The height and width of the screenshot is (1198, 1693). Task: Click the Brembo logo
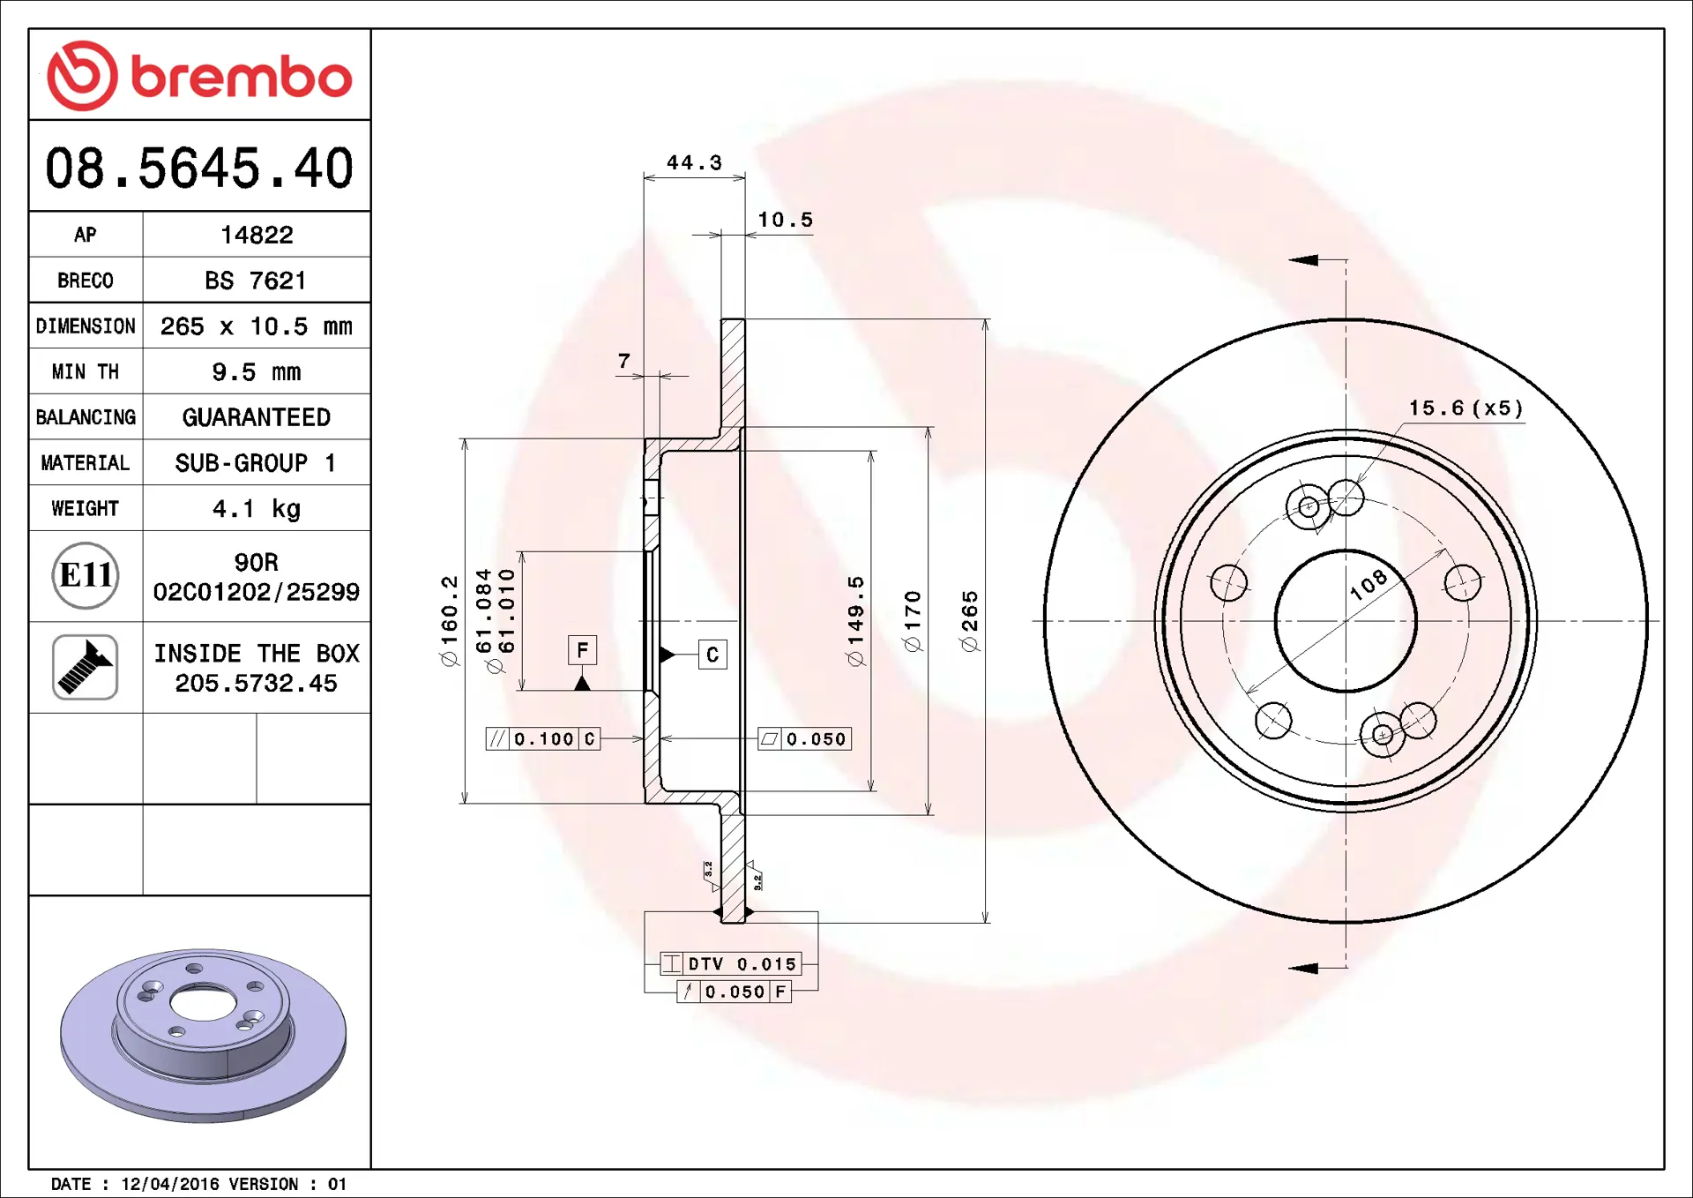click(199, 76)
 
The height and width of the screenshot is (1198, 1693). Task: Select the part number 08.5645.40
click(199, 168)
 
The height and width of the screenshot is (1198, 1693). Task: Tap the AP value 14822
click(257, 235)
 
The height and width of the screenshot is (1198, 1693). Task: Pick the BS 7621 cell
click(256, 281)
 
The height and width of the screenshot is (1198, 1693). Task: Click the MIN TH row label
click(86, 371)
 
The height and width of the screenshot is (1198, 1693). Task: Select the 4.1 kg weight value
click(257, 508)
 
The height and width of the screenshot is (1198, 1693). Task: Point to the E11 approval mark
click(86, 575)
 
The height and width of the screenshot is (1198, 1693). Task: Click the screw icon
click(86, 667)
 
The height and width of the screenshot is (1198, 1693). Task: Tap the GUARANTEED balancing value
click(257, 417)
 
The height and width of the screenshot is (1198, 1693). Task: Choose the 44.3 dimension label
click(694, 162)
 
